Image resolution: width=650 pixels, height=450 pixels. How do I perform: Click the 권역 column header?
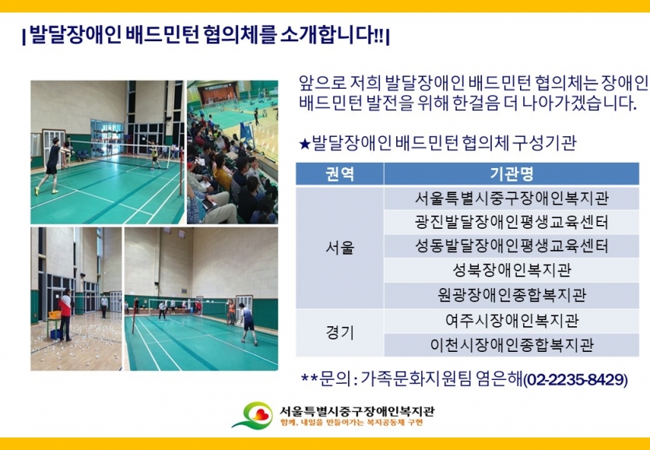click(339, 174)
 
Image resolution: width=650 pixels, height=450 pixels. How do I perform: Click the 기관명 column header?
click(511, 174)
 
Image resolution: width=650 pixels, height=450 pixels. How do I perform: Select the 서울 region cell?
click(339, 248)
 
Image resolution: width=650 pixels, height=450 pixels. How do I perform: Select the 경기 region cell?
click(339, 332)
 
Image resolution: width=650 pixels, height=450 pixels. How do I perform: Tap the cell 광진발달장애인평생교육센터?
click(511, 223)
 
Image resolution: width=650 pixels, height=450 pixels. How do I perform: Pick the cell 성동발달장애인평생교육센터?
click(511, 246)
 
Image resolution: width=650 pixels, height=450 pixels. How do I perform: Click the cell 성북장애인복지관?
click(511, 270)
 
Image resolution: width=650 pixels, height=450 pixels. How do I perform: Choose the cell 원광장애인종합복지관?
click(511, 295)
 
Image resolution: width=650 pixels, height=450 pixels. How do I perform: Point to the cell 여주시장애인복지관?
click(511, 320)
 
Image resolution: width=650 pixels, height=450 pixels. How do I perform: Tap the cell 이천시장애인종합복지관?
click(511, 345)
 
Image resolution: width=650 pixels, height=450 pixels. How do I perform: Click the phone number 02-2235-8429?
click(575, 380)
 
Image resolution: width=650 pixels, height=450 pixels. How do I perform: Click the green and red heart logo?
click(253, 415)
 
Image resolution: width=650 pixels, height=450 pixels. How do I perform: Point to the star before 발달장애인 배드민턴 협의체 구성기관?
click(304, 144)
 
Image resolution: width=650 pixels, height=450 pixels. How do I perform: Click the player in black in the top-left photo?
click(51, 166)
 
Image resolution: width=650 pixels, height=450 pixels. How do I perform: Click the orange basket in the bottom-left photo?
click(54, 315)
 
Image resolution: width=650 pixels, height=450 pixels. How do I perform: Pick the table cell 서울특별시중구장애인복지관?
click(511, 199)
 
